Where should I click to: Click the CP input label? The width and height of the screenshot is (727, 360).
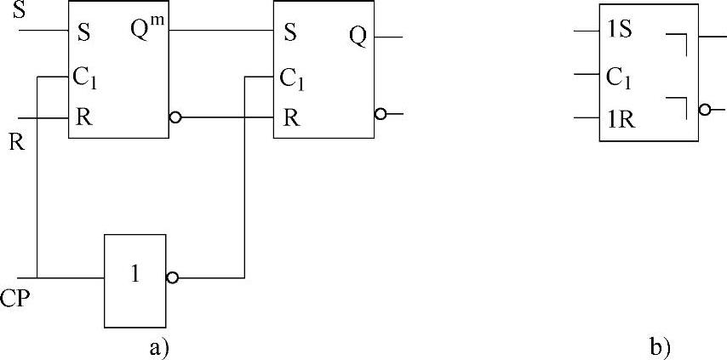coord(16,298)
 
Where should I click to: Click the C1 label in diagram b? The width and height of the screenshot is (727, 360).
coord(618,77)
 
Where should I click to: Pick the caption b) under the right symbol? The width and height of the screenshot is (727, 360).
coord(660,346)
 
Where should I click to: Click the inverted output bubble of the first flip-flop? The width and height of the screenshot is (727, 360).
coord(175,117)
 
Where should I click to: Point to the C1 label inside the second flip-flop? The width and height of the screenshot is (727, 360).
coord(292,79)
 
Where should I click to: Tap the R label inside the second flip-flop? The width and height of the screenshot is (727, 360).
coord(290,117)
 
